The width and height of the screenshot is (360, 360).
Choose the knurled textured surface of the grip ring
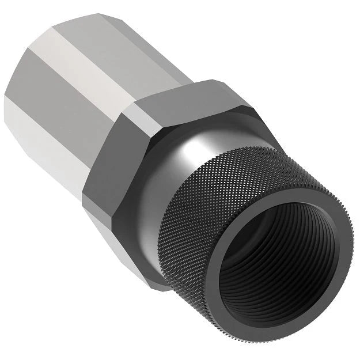[x=248, y=173]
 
